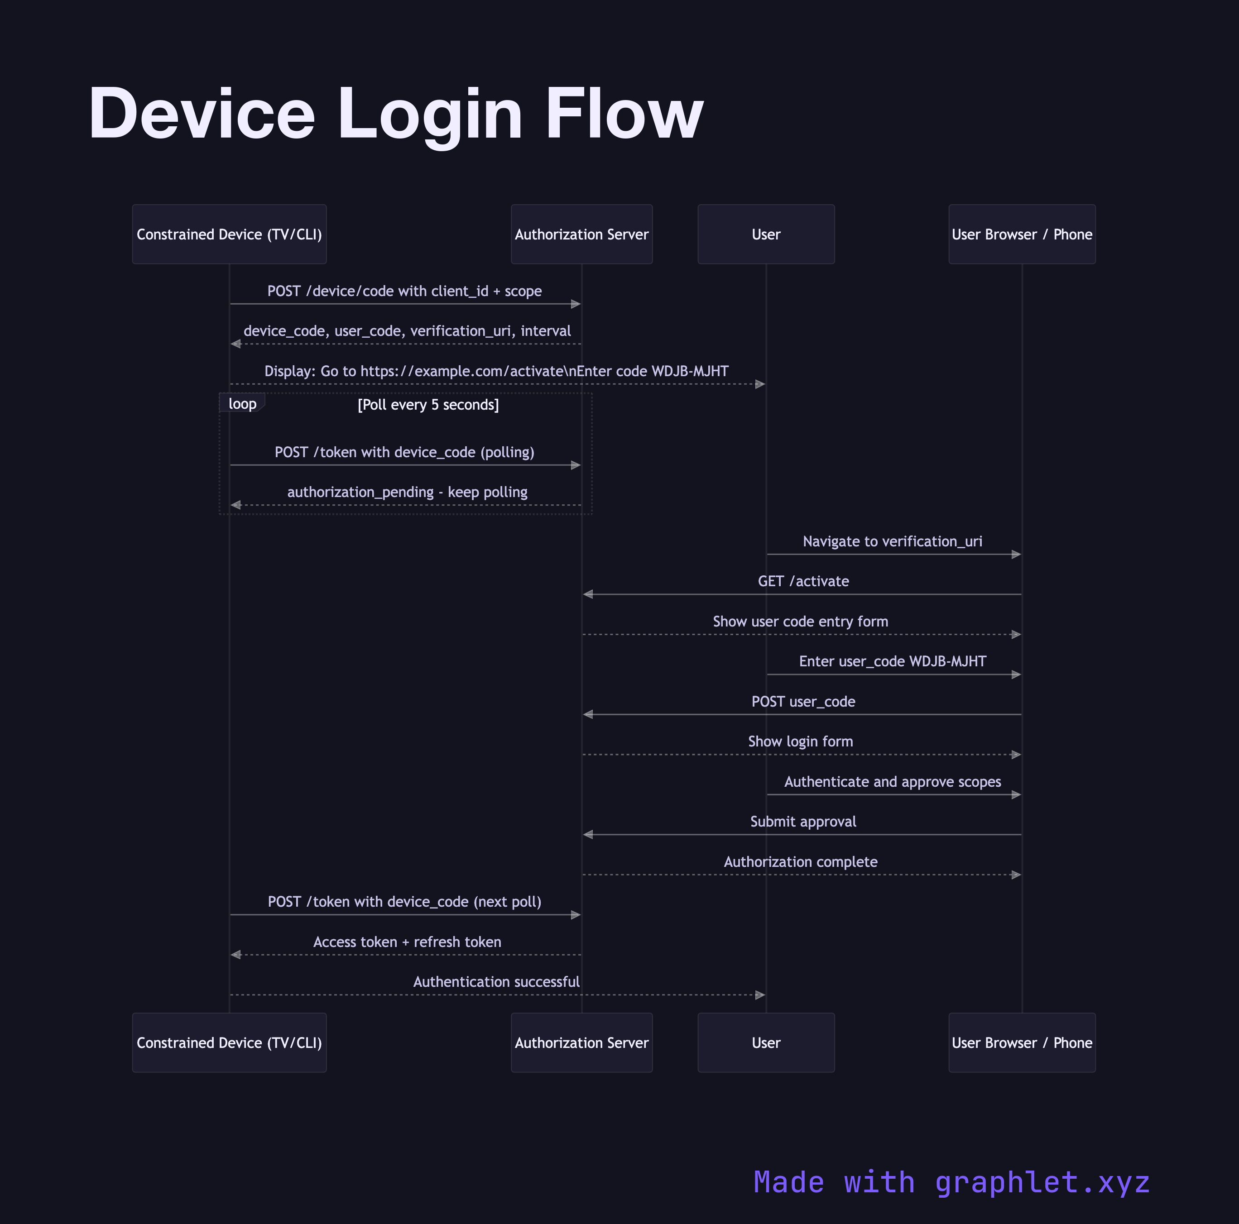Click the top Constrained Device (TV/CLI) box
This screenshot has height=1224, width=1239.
(229, 234)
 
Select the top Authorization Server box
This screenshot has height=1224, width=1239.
(581, 234)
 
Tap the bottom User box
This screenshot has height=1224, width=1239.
(766, 1042)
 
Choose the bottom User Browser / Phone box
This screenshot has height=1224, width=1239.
(1022, 1042)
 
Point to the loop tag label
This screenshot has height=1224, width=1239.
(242, 403)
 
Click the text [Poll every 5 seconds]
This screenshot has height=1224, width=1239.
(428, 405)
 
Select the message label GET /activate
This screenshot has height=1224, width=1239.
(803, 581)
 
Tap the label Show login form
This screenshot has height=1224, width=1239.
(800, 741)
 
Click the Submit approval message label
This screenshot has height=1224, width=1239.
(803, 821)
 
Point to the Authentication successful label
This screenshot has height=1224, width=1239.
(496, 982)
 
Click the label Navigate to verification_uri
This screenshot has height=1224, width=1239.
(892, 541)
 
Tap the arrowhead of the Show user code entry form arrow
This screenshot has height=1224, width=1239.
(1016, 635)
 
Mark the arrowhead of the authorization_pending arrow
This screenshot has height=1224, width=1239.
(236, 505)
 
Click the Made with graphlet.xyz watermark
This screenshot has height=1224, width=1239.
(952, 1182)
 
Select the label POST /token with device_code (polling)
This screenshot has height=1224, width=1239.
(404, 452)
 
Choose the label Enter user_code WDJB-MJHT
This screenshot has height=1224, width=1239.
(892, 661)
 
